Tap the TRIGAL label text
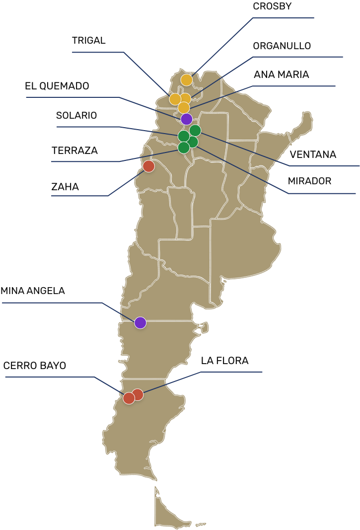tap(89, 41)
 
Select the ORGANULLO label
tap(282, 46)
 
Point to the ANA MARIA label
tap(281, 75)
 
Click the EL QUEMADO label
tap(57, 86)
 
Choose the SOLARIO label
tap(76, 116)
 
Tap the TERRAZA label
tap(74, 151)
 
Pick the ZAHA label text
tap(65, 187)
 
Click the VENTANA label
tap(313, 154)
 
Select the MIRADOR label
tap(309, 181)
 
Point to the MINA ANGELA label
tap(33, 291)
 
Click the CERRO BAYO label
tap(35, 366)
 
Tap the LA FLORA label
tap(224, 361)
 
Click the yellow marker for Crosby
tap(186, 80)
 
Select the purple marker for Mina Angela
tap(141, 323)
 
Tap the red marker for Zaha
tap(148, 166)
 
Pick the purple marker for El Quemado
tap(186, 119)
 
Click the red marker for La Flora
tap(138, 394)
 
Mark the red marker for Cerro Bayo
tap(129, 398)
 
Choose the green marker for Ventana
tap(195, 131)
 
